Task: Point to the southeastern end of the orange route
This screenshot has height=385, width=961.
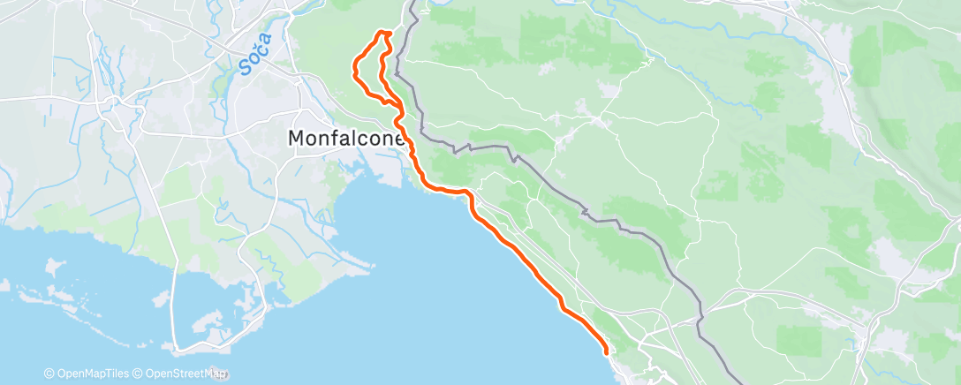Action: [x=607, y=352]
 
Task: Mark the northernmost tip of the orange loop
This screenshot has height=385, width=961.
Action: [x=384, y=32]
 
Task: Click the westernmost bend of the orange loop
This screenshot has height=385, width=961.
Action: [x=354, y=67]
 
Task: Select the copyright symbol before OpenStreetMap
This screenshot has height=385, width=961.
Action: [x=139, y=374]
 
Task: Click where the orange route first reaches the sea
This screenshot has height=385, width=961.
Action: [x=428, y=186]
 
